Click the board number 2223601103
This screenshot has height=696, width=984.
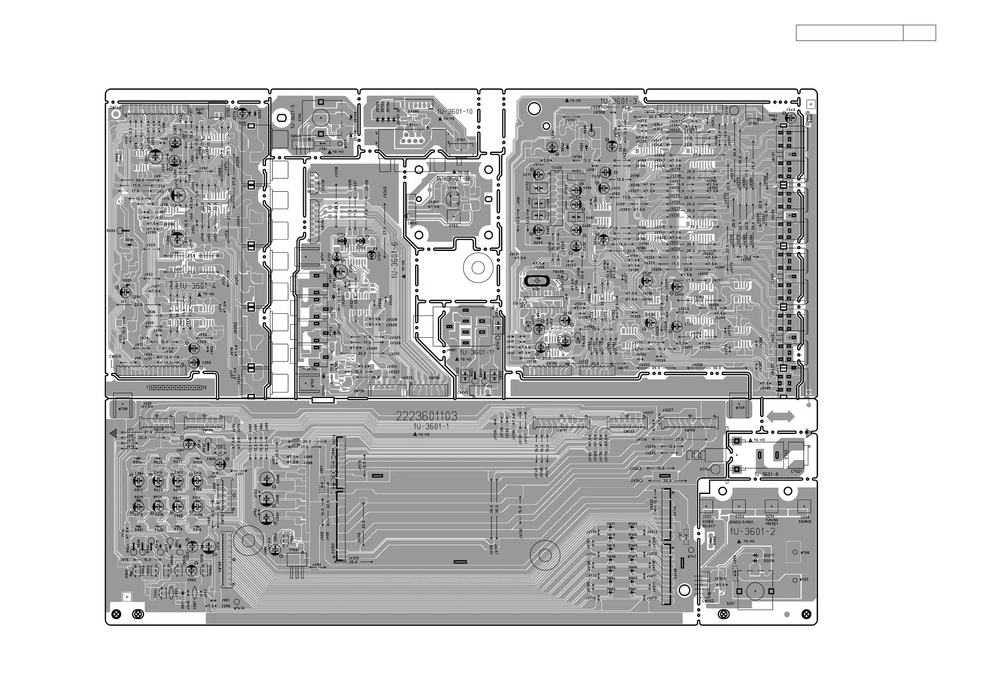point(426,416)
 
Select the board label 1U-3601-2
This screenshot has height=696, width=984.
point(752,532)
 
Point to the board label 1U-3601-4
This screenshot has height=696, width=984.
point(197,286)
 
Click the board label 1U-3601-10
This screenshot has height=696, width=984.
point(455,112)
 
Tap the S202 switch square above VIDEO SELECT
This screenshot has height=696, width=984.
point(707,506)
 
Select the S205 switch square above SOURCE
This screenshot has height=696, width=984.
point(803,506)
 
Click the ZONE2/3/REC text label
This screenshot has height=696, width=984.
point(741,522)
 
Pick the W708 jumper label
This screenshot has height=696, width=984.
point(123,409)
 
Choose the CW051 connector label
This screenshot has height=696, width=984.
point(412,224)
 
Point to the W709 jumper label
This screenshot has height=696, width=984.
point(740,408)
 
